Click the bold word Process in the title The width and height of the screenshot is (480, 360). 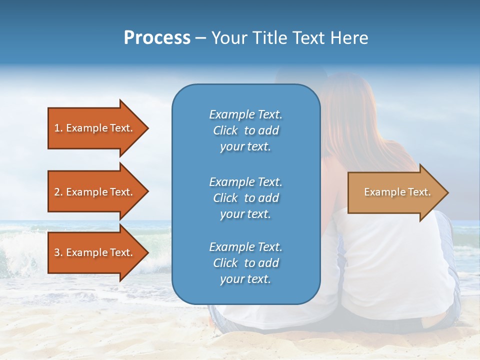157,38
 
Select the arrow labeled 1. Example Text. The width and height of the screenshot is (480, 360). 95,128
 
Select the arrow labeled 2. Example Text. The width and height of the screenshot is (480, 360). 95,192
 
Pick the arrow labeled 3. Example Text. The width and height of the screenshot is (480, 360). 95,252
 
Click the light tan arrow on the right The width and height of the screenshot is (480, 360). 395,192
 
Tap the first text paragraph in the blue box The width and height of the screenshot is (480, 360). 245,130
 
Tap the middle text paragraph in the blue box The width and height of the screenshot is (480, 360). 245,198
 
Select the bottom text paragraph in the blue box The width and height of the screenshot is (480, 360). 245,263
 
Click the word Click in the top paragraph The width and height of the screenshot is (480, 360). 225,130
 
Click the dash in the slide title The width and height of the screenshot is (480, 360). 201,38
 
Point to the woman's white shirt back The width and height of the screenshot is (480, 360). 400,260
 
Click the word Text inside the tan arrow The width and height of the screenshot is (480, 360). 419,192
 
